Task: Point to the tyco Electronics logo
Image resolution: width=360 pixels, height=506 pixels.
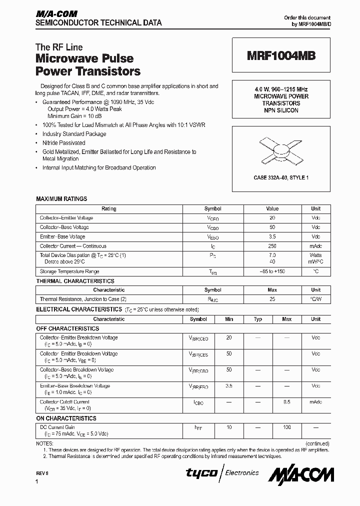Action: coord(222,473)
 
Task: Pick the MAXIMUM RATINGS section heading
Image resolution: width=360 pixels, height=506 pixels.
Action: coord(61,199)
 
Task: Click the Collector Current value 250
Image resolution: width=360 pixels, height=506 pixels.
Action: coord(272,246)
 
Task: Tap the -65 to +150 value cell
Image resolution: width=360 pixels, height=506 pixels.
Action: coord(272,271)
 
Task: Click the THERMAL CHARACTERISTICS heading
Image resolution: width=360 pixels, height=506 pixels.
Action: coord(75,281)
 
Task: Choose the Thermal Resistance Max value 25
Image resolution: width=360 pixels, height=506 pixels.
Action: coord(272,299)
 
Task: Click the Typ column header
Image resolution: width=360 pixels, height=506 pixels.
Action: coord(258,319)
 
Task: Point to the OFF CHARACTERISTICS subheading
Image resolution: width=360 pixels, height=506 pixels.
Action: coord(67,328)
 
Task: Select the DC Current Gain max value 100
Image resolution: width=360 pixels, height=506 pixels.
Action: coord(287,427)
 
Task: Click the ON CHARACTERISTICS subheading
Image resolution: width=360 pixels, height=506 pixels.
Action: coord(66,418)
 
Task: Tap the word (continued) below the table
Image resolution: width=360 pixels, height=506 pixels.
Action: coord(317,443)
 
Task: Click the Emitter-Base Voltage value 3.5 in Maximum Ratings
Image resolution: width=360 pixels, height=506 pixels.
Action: coord(272,236)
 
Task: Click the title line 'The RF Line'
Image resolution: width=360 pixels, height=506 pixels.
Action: coord(59,47)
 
